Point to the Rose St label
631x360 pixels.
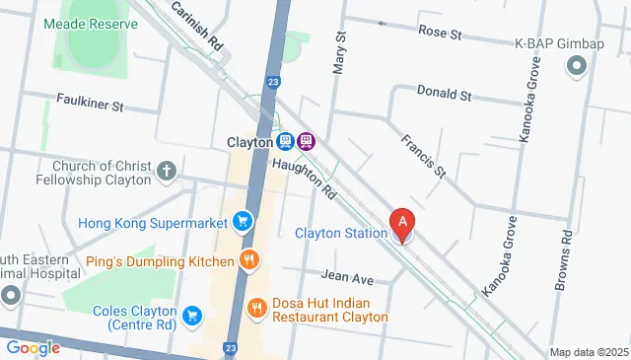click(440, 33)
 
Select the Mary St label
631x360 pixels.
click(340, 49)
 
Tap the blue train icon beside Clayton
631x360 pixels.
click(285, 141)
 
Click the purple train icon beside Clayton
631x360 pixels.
click(307, 141)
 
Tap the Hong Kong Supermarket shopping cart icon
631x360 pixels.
click(241, 220)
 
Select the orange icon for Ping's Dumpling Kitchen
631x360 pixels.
click(249, 261)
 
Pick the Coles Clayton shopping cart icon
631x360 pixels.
click(192, 316)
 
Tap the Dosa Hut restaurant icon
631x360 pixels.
click(257, 307)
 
